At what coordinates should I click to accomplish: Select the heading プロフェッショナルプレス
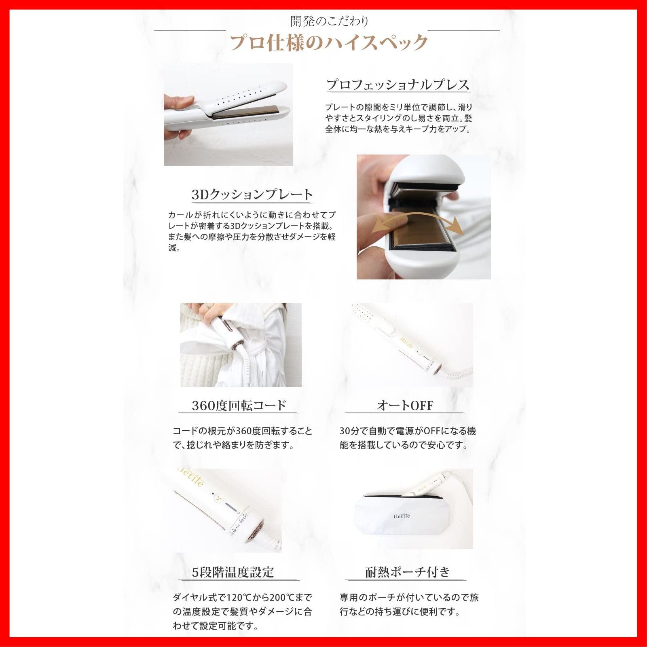(398, 85)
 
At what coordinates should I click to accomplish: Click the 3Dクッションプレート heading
(252, 195)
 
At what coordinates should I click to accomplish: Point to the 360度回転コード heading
(239, 405)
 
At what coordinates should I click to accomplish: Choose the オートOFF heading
(405, 405)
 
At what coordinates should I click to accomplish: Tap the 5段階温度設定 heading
(233, 572)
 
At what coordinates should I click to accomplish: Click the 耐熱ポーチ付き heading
(407, 572)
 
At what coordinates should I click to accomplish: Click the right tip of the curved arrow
(461, 229)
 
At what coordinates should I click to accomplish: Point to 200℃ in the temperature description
(285, 597)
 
